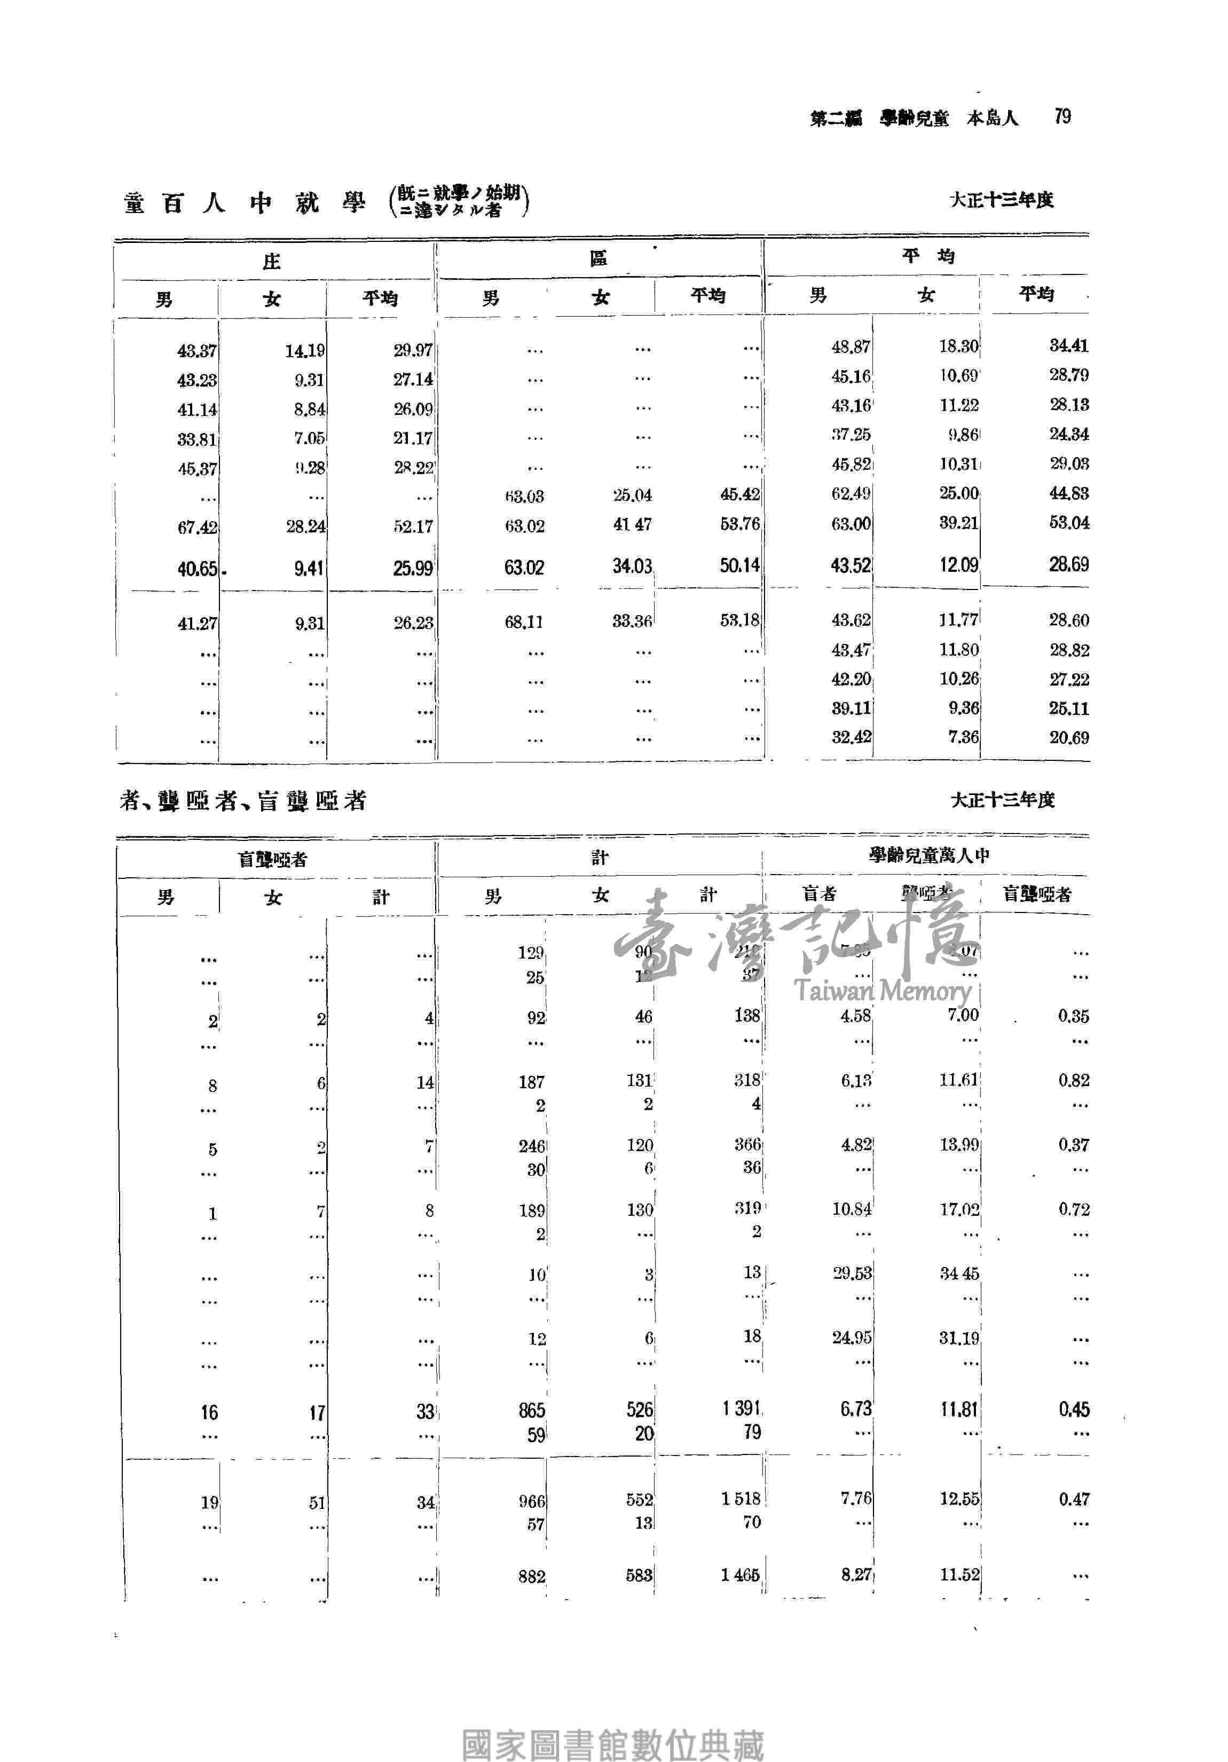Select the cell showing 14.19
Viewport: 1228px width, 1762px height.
pyautogui.click(x=305, y=351)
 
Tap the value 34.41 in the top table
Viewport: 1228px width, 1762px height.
pyautogui.click(x=1068, y=345)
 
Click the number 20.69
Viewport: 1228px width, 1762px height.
pyautogui.click(x=1068, y=737)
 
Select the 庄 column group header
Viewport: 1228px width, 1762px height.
pyautogui.click(x=272, y=262)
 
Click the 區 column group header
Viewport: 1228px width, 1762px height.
pyautogui.click(x=598, y=258)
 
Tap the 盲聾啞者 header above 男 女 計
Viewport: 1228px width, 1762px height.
pyautogui.click(x=272, y=860)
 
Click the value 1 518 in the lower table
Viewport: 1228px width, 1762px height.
pyautogui.click(x=740, y=1498)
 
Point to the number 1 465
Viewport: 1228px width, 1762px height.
pyautogui.click(x=740, y=1575)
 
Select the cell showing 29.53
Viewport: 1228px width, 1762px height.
pyautogui.click(x=852, y=1273)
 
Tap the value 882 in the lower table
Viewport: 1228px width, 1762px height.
pyautogui.click(x=531, y=1576)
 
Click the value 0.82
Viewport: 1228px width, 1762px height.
pyautogui.click(x=1073, y=1081)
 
